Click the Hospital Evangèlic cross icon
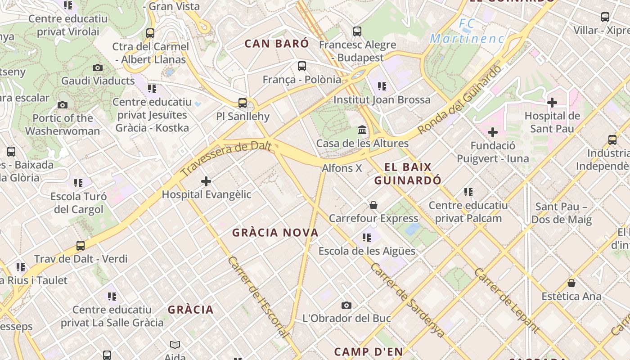(206, 181)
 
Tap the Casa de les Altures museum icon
(362, 130)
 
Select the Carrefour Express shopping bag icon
(373, 205)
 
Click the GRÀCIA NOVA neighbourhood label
(275, 233)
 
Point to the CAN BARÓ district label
(277, 44)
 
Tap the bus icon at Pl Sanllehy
(243, 103)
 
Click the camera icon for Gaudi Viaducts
(98, 68)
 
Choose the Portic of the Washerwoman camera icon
(63, 105)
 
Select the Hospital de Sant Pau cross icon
(552, 103)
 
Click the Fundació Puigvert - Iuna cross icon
(493, 132)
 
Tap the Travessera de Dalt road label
(226, 158)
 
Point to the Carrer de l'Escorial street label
(258, 297)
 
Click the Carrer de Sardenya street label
(408, 300)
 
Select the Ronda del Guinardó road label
(459, 100)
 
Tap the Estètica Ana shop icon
(571, 283)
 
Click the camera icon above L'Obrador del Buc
(346, 305)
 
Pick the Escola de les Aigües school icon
(367, 237)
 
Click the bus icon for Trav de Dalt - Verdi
(81, 246)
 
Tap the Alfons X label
(342, 168)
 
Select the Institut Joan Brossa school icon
(382, 86)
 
